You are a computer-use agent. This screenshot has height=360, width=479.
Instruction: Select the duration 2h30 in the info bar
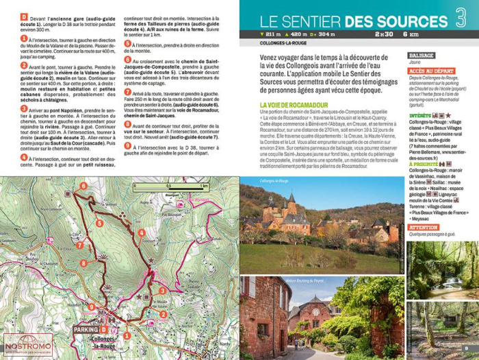click(384, 34)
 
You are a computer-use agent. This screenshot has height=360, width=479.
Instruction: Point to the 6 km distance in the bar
click(410, 34)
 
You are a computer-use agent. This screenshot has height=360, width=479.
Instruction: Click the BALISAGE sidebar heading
click(421, 56)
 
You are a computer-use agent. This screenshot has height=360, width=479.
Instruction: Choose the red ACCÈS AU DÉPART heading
click(431, 70)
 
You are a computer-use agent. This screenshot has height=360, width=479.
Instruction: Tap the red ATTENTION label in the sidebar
click(423, 227)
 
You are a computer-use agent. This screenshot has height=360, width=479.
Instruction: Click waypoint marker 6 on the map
click(83, 186)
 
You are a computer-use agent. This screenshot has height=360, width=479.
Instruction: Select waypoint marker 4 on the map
click(142, 232)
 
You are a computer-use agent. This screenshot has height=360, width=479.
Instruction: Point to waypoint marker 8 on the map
click(83, 263)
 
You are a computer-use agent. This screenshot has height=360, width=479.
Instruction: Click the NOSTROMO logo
click(27, 346)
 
